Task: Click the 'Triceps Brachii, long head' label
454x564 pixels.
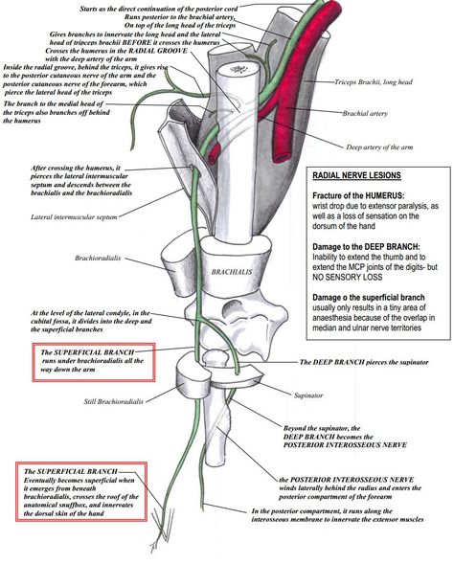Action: point(374,82)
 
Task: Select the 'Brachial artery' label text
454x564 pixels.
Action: point(365,113)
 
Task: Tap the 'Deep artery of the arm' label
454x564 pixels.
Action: point(379,147)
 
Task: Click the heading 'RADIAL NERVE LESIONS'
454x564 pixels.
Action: point(356,175)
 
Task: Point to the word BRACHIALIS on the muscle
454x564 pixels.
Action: point(232,272)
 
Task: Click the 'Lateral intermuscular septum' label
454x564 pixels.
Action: point(74,217)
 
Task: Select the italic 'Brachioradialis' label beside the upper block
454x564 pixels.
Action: point(98,258)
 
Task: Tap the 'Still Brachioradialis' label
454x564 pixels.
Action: point(113,401)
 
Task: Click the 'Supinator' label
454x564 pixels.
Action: point(308,395)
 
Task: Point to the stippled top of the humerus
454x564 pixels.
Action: point(238,69)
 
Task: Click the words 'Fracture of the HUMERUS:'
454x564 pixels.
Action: point(358,196)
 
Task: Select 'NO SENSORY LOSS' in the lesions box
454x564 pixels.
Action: point(347,278)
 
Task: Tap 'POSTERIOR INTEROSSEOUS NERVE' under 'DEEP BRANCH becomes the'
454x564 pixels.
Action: point(345,445)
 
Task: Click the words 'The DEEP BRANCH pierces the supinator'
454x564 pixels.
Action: point(364,362)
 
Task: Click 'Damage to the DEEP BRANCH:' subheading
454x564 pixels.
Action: point(366,247)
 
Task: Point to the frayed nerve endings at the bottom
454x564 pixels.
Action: point(162,529)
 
